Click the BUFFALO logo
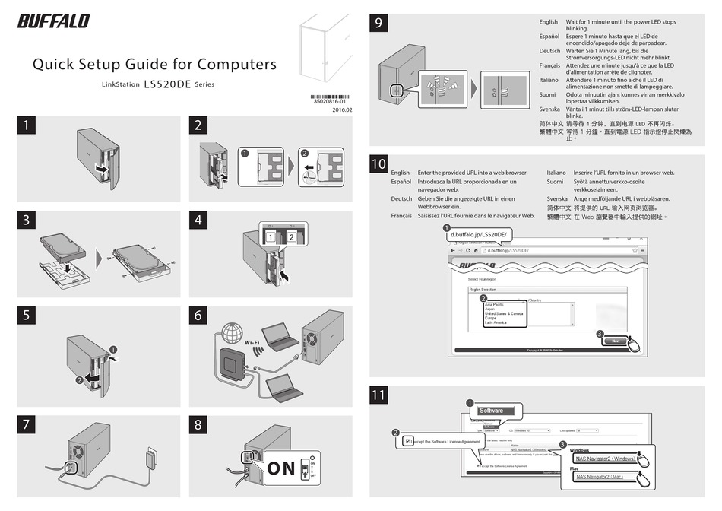coord(53,21)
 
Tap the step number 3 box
coord(27,221)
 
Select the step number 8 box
coord(198,424)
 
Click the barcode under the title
coord(331,97)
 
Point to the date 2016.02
coord(343,110)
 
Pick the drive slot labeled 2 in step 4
coord(290,239)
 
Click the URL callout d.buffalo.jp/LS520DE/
coord(479,236)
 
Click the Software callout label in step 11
coord(491,411)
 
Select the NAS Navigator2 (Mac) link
coord(600,477)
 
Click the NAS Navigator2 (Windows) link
coord(605,459)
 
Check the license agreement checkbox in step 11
coord(410,440)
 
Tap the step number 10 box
coord(379,163)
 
